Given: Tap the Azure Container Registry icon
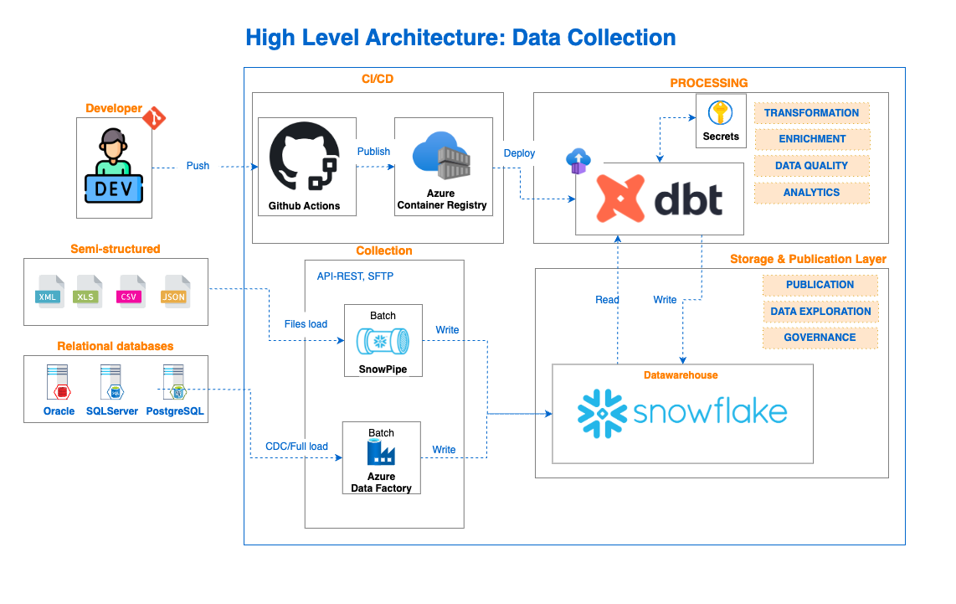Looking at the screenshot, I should [441, 155].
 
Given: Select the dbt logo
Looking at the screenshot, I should [659, 199].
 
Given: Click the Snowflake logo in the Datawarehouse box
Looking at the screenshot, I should [682, 413].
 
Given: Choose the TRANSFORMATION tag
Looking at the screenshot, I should [811, 113].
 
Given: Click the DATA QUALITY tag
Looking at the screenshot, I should [811, 166].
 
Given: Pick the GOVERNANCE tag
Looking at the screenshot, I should [820, 338].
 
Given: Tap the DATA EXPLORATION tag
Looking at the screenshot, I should [820, 311].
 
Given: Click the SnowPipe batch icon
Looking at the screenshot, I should [383, 342].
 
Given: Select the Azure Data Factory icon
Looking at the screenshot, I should [381, 453].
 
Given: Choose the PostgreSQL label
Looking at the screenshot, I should [174, 411].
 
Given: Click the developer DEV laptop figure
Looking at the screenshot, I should [114, 167].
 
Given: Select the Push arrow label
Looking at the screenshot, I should [198, 166].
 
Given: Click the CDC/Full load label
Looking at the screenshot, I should [296, 447].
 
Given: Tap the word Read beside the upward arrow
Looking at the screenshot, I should [607, 300].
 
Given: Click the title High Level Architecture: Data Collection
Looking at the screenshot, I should [460, 38].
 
